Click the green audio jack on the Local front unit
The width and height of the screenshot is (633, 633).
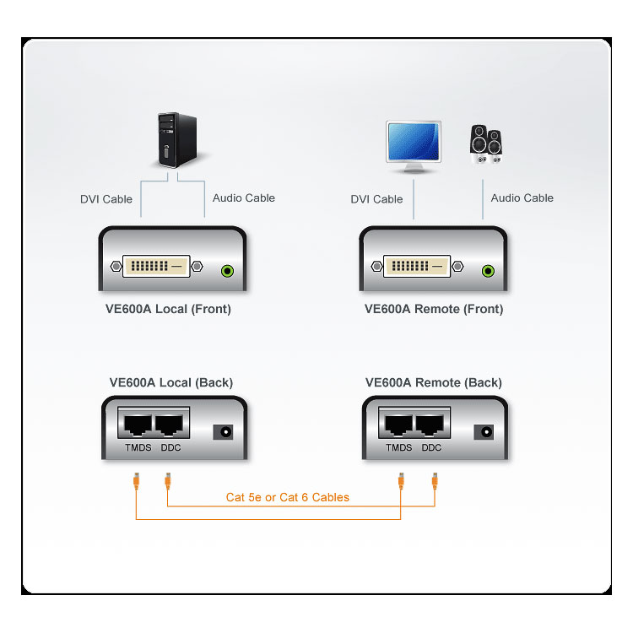(x=226, y=271)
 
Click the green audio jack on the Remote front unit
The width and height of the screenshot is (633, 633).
(x=487, y=271)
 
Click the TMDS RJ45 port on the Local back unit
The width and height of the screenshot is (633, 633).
(x=138, y=426)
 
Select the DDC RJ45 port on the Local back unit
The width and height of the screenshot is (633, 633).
(x=170, y=426)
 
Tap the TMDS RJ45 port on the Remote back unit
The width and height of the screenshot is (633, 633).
(x=398, y=426)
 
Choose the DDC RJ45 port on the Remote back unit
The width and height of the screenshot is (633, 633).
(x=431, y=426)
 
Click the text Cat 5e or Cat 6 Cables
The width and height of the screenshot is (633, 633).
(x=287, y=497)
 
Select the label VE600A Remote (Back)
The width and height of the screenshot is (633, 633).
(x=433, y=382)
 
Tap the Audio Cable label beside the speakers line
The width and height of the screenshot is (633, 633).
(x=522, y=197)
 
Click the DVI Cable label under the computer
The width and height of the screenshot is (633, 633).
(x=106, y=199)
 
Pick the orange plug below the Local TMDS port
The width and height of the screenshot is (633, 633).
(x=137, y=482)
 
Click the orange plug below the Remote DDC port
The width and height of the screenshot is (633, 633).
(x=435, y=482)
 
